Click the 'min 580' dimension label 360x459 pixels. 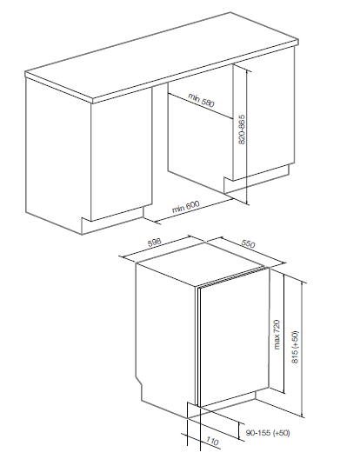(201, 100)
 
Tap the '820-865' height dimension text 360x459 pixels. (242, 130)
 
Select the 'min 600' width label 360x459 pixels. (185, 207)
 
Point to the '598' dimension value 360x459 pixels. (155, 243)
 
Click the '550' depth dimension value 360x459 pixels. (248, 243)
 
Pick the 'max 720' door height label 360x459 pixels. (277, 335)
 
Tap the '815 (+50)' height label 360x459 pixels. (295, 347)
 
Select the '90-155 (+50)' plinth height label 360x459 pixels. (268, 433)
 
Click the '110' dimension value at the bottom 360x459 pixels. (212, 441)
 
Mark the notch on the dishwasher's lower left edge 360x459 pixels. (138, 381)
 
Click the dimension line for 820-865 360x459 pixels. (247, 136)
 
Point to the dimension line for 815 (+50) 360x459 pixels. (302, 349)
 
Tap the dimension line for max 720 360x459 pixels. (283, 334)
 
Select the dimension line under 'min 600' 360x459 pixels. (193, 210)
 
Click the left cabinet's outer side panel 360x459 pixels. (58, 155)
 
